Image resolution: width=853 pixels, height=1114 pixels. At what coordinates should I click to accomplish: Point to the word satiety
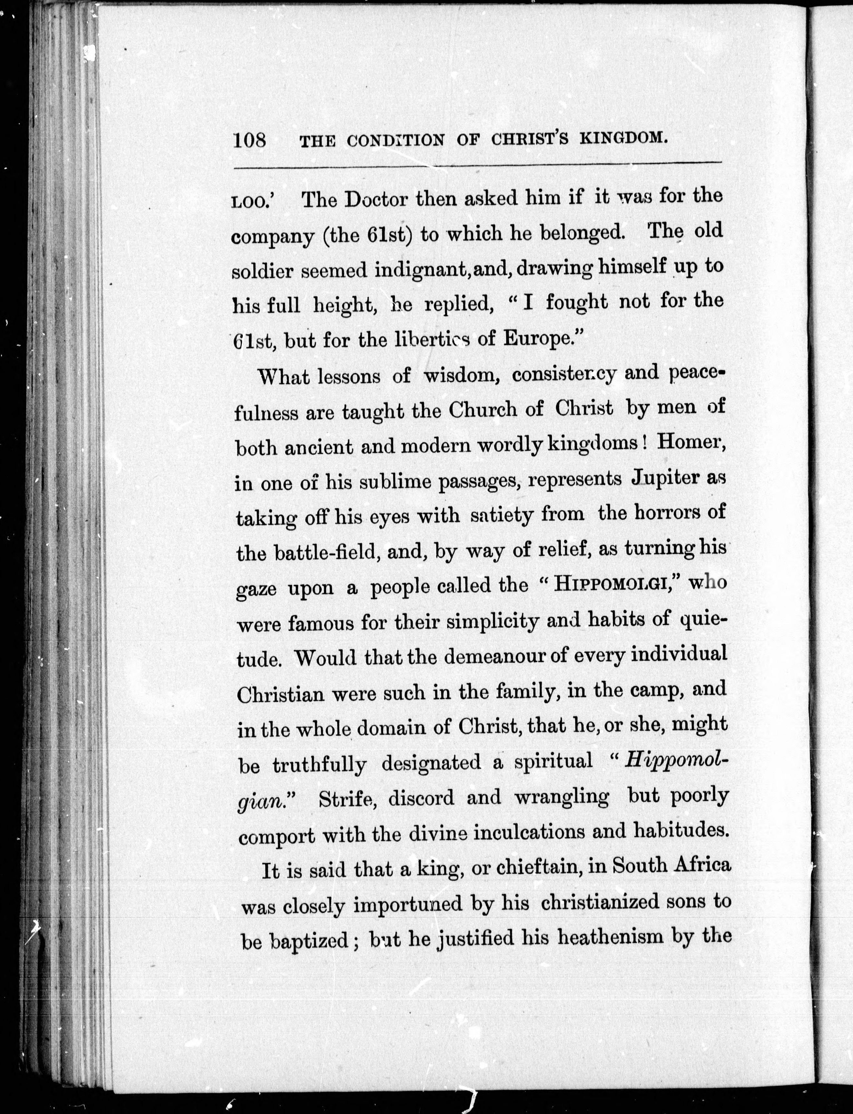pos(502,516)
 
